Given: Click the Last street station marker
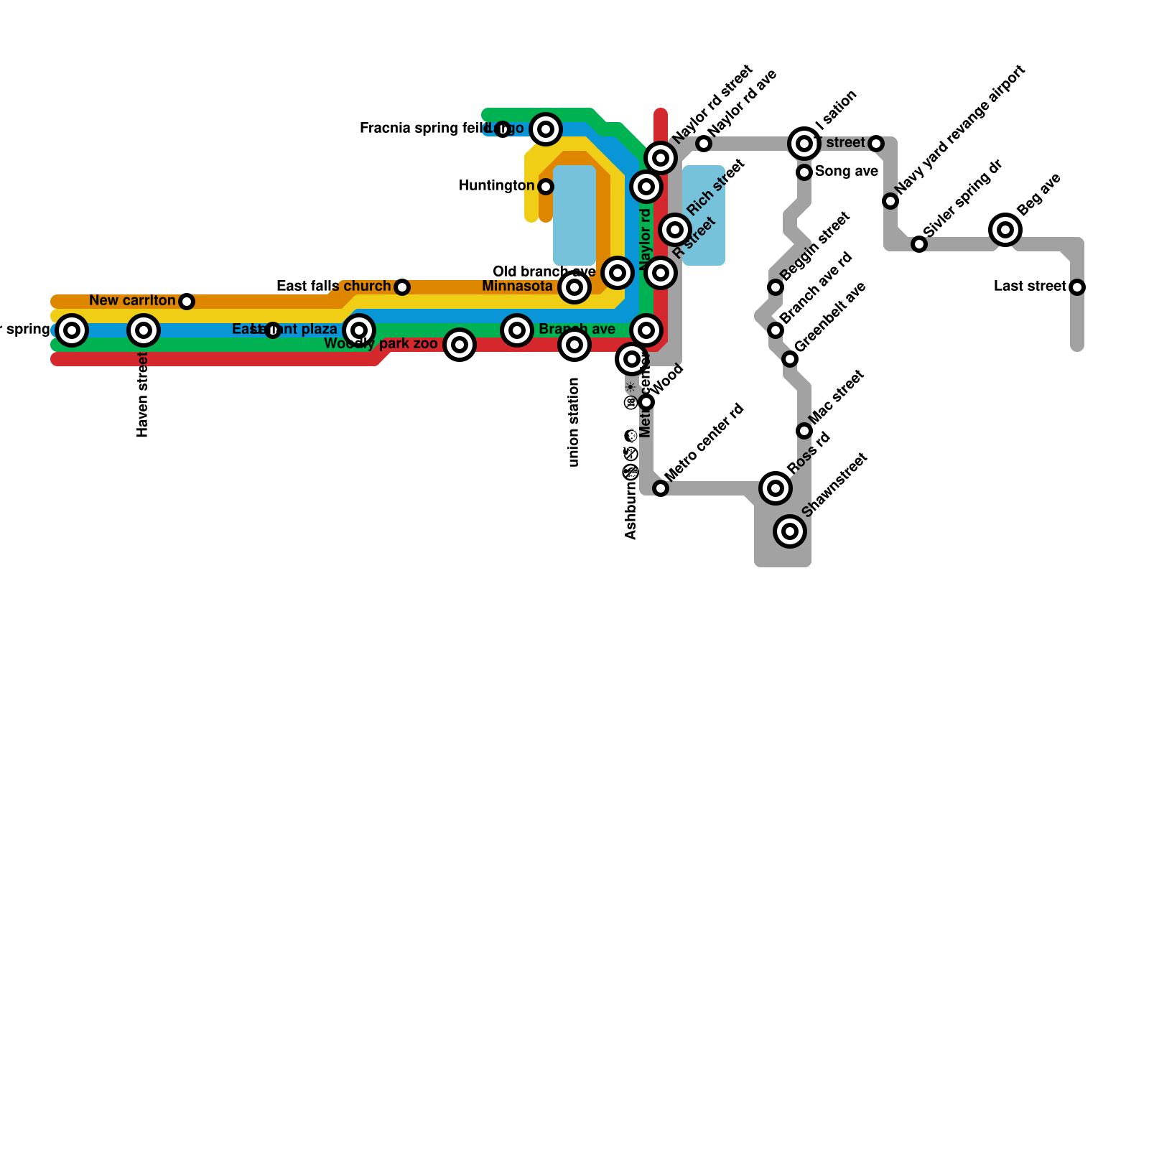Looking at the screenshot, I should tap(1076, 287).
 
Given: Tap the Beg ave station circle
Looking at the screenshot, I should tap(1005, 230).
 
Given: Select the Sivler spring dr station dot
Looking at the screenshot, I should tap(919, 244).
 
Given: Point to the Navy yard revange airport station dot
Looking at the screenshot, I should tap(890, 201).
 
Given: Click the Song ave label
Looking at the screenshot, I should tap(846, 172).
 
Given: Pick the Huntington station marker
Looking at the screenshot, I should tap(546, 187).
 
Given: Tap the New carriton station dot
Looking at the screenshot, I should tap(187, 302).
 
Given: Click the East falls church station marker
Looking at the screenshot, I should tap(402, 287).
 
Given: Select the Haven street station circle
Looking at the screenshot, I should tap(144, 330).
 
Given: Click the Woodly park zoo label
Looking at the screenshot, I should tap(381, 344).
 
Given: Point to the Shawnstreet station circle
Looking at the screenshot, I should tap(790, 531).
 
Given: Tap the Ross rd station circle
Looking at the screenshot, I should tap(776, 488).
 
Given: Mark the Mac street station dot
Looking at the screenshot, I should tap(804, 431).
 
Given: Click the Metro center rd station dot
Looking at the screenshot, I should tap(661, 488).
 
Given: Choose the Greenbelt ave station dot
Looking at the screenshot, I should tap(790, 359).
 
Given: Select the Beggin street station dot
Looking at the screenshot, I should tap(776, 287).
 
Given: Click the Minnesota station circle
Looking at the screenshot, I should tap(574, 287).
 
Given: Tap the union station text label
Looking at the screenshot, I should tap(573, 422).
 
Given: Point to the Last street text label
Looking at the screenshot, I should tap(1030, 287).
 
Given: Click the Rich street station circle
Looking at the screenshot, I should tap(675, 230).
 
